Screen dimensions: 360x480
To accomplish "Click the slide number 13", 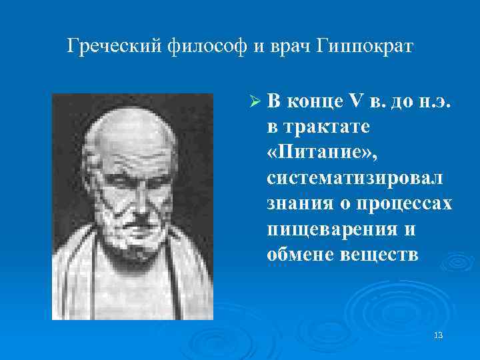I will [438, 334].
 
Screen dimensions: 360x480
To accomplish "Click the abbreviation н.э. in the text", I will [437, 101].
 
